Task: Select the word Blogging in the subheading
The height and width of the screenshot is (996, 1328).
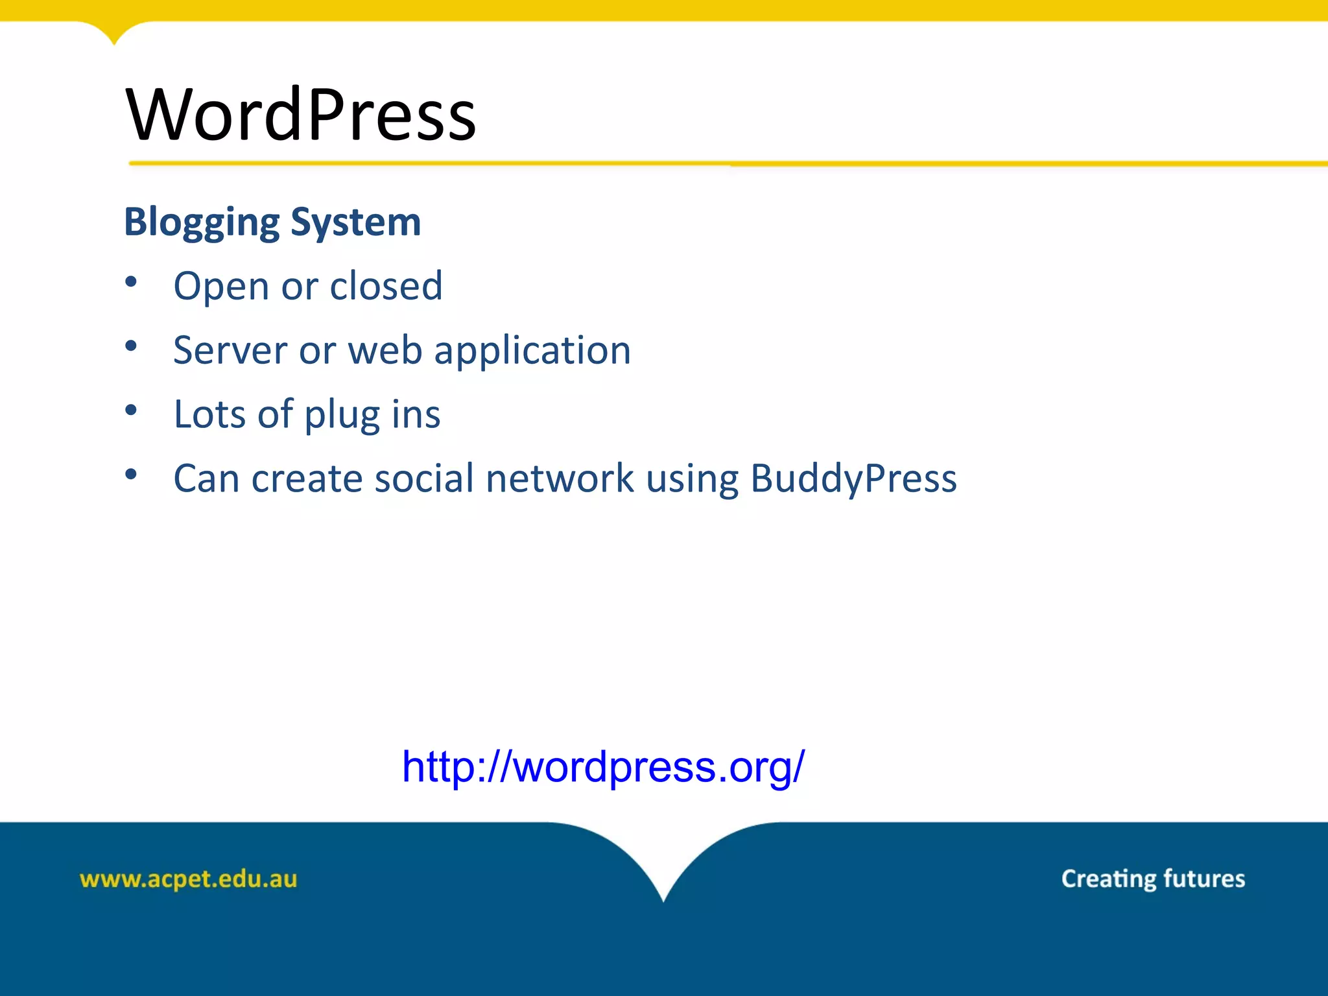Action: click(202, 222)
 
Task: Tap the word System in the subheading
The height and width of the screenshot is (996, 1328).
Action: click(356, 222)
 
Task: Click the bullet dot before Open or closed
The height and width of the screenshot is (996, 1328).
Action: click(131, 281)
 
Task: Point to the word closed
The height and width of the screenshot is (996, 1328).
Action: click(386, 286)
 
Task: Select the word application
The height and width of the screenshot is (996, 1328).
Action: click(532, 351)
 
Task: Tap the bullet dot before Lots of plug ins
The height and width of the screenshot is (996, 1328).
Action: click(131, 410)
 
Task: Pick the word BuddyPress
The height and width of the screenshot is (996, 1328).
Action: click(853, 479)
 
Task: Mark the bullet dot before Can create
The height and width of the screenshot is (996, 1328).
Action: click(131, 474)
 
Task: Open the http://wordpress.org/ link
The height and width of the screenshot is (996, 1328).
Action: click(603, 767)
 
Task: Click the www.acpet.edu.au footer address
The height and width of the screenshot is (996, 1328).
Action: click(188, 879)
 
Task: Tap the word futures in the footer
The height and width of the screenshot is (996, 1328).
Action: click(1204, 879)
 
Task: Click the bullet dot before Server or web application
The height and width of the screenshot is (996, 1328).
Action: click(131, 346)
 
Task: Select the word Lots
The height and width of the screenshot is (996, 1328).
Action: click(210, 414)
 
